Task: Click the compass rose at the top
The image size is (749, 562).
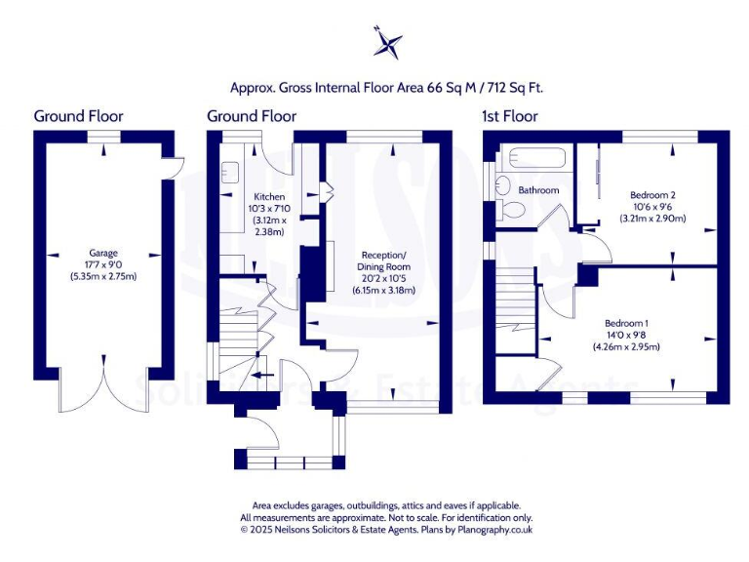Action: [388, 43]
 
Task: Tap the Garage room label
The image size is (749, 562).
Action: [103, 252]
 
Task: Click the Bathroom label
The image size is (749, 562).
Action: [537, 190]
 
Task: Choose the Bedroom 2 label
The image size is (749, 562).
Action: [652, 194]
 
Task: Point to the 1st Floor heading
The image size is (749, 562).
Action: [509, 116]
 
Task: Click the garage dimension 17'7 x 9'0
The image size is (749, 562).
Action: [103, 263]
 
